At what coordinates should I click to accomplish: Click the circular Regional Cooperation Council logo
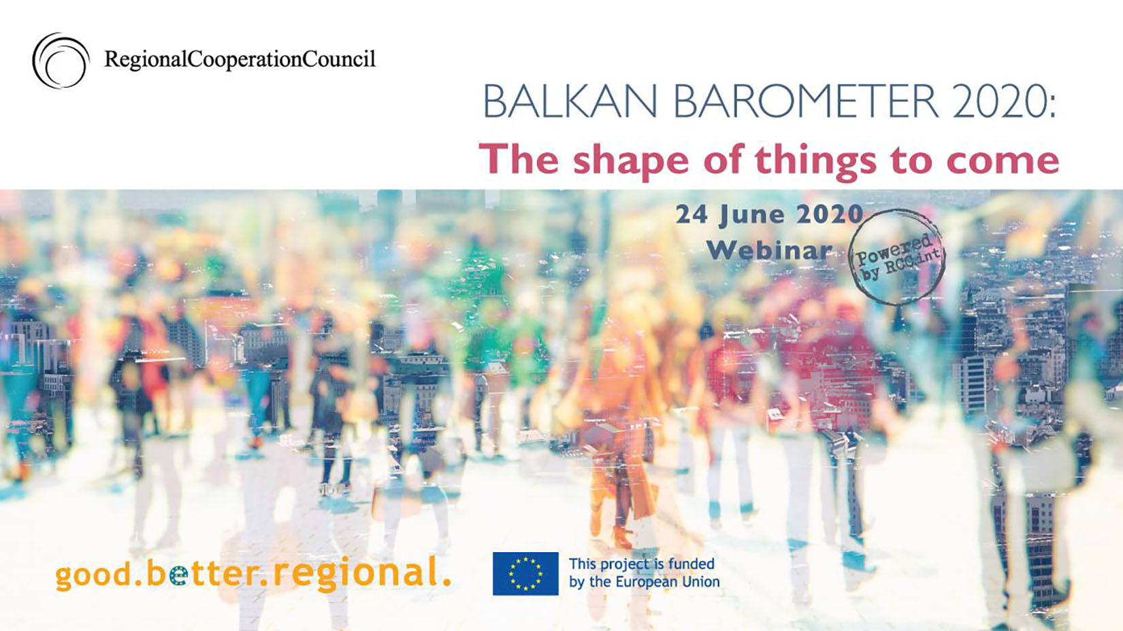(x=61, y=61)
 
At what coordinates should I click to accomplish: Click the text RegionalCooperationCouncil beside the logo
(x=240, y=59)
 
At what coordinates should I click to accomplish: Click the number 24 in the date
(x=691, y=215)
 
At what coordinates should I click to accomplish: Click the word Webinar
(x=769, y=250)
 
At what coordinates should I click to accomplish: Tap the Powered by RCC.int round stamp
(x=897, y=256)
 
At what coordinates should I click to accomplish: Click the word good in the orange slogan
(x=93, y=575)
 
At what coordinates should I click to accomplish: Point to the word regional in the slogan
(x=354, y=574)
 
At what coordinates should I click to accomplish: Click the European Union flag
(x=525, y=574)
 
